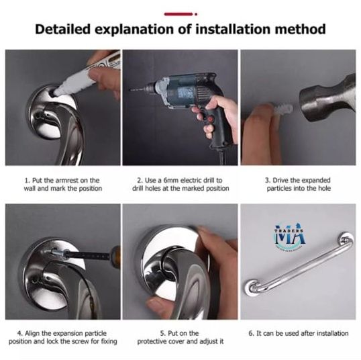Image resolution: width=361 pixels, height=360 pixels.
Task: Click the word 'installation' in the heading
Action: point(236,30)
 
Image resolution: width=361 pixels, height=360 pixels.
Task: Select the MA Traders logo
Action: point(291,236)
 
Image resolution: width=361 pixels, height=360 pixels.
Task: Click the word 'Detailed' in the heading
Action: point(67,30)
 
